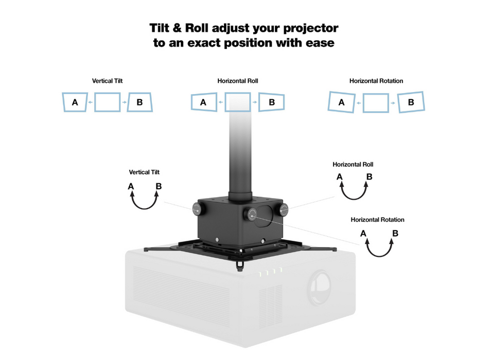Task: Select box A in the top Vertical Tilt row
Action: click(x=75, y=102)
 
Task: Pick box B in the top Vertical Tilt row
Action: click(x=140, y=102)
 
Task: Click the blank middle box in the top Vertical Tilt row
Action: click(x=108, y=102)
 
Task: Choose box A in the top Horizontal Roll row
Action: click(x=203, y=102)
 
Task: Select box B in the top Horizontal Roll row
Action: click(x=272, y=102)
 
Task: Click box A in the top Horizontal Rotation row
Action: click(x=341, y=102)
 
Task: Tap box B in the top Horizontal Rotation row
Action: click(x=411, y=102)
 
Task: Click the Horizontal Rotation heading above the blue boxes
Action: click(x=376, y=81)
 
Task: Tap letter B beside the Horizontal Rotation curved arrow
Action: click(x=395, y=233)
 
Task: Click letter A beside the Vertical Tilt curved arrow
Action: click(x=131, y=186)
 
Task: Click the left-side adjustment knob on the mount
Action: click(x=197, y=208)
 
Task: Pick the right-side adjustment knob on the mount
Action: click(x=284, y=209)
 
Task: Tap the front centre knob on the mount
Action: click(x=252, y=214)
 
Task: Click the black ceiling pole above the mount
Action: click(x=240, y=159)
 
